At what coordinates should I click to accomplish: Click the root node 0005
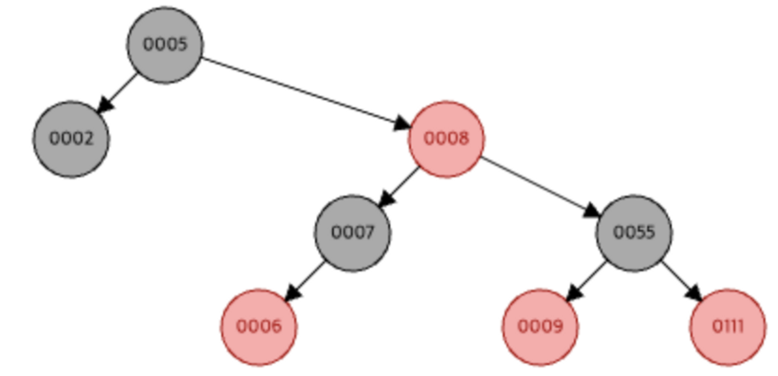pyautogui.click(x=165, y=45)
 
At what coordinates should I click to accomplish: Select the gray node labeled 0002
pyautogui.click(x=72, y=139)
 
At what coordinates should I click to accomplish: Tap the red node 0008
pyautogui.click(x=447, y=139)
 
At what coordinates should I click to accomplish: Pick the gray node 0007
pyautogui.click(x=353, y=233)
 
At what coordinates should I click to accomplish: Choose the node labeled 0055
pyautogui.click(x=634, y=233)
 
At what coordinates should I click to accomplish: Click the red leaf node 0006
pyautogui.click(x=259, y=327)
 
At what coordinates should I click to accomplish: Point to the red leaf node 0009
pyautogui.click(x=540, y=327)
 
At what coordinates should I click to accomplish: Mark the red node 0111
pyautogui.click(x=728, y=327)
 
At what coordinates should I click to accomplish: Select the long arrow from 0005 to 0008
pyautogui.click(x=304, y=91)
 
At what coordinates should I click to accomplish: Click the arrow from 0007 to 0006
pyautogui.click(x=306, y=279)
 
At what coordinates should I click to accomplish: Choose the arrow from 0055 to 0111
pyautogui.click(x=680, y=279)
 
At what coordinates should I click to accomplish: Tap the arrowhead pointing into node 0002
pyautogui.click(x=103, y=106)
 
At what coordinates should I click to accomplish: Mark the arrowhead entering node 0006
pyautogui.click(x=291, y=294)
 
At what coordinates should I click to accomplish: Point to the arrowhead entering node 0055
pyautogui.click(x=592, y=214)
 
